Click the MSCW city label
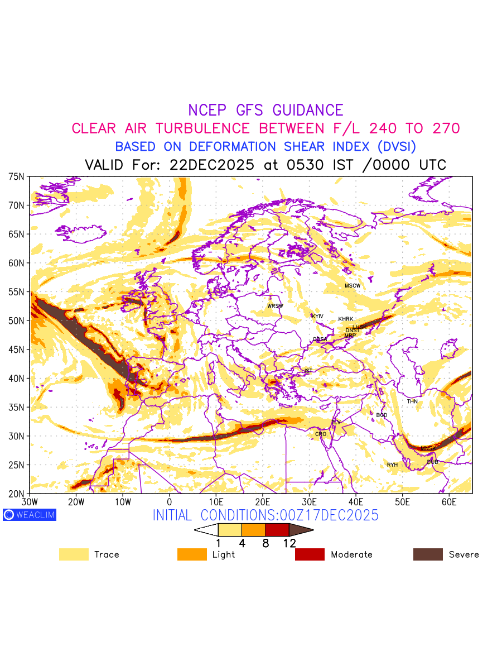click(x=353, y=286)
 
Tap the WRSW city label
click(x=275, y=306)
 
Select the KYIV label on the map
click(x=317, y=317)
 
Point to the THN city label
click(x=412, y=401)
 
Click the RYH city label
click(x=393, y=465)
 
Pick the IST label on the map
click(x=308, y=371)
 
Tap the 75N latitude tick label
click(x=17, y=176)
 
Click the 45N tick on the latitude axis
click(x=17, y=350)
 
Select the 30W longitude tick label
click(x=29, y=502)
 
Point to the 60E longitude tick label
click(x=449, y=502)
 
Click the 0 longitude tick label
click(x=169, y=502)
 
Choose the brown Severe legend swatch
click(x=428, y=554)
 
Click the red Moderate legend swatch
click(x=310, y=554)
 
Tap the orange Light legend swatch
click(x=192, y=554)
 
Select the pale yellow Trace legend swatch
click(x=74, y=554)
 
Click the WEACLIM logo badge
click(x=30, y=515)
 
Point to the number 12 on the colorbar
click(x=289, y=543)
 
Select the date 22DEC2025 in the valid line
click(x=212, y=165)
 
